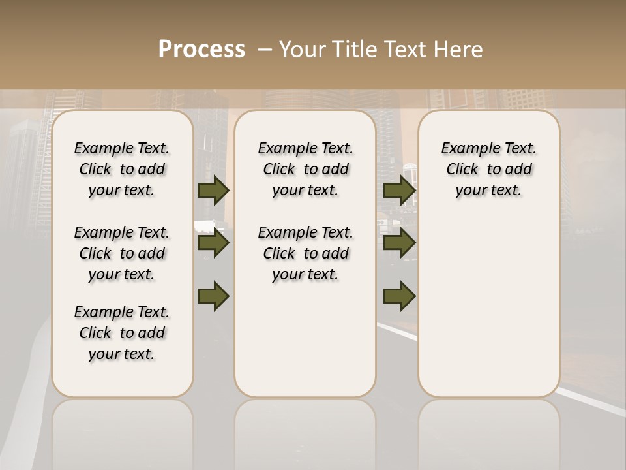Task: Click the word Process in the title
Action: pos(201,50)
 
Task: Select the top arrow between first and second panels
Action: pos(213,190)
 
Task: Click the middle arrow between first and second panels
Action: pos(213,243)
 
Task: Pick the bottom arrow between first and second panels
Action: pos(213,295)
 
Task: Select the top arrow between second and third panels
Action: pos(399,190)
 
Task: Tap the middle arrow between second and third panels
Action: pos(399,243)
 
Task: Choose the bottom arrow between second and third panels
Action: pos(399,295)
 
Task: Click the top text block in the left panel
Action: pos(122,169)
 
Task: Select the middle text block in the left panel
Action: pos(122,253)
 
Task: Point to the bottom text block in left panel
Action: pos(122,333)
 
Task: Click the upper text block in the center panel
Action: pos(305,169)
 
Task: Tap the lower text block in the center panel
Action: pos(305,253)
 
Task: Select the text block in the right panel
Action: pos(489,169)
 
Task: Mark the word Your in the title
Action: pos(303,50)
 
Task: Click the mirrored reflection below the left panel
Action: pos(123,434)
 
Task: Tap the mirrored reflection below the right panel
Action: pos(489,434)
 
